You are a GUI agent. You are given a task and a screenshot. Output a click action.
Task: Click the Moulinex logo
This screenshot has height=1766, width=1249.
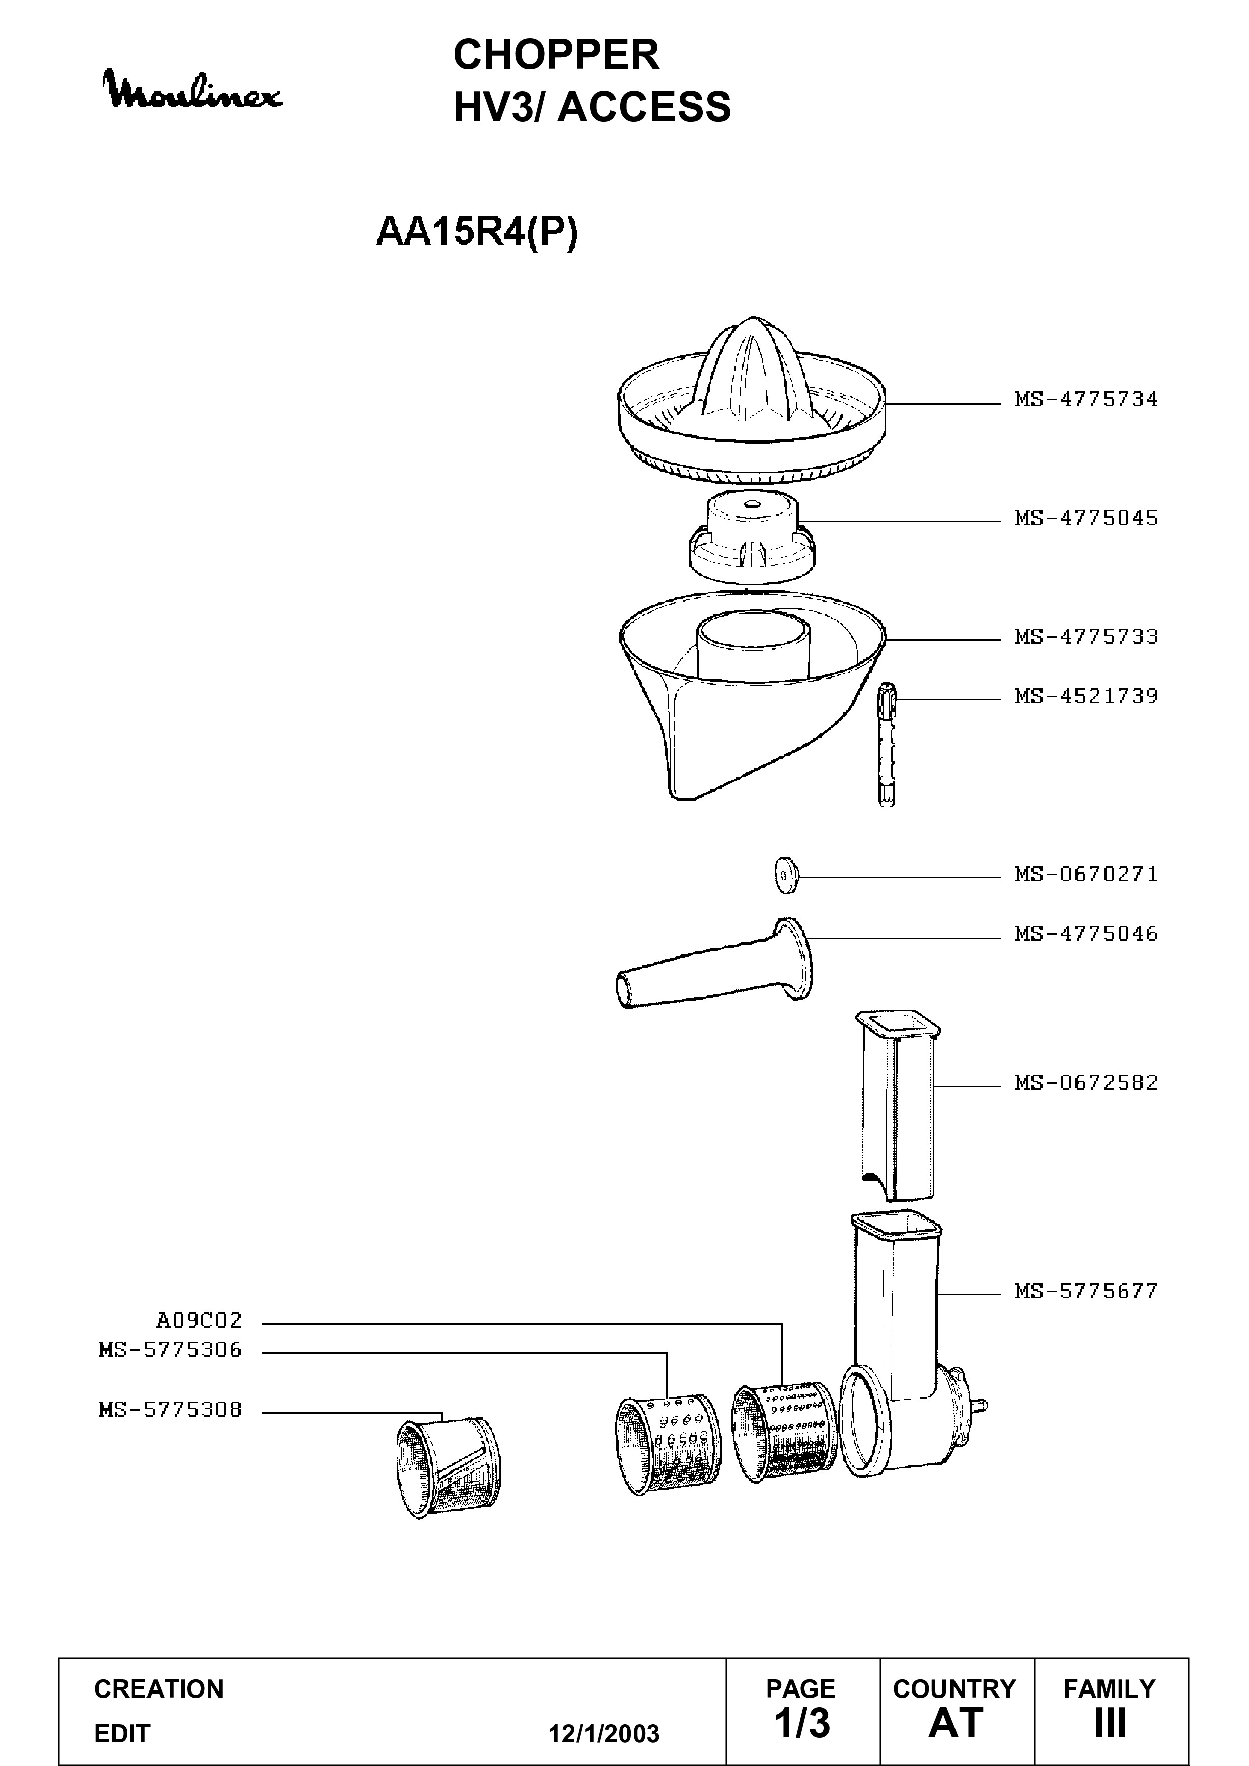194,91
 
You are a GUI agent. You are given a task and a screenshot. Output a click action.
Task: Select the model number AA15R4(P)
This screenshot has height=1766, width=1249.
476,232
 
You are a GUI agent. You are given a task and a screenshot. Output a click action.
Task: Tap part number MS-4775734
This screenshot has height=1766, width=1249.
1086,399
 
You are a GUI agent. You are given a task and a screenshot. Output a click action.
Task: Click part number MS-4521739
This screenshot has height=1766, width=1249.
1086,696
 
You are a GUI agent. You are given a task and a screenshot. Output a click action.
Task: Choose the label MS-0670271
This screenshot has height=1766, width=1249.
1086,874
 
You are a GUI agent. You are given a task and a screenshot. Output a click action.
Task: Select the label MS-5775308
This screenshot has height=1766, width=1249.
170,1410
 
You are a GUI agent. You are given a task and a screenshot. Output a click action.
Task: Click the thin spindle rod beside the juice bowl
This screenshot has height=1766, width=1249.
887,744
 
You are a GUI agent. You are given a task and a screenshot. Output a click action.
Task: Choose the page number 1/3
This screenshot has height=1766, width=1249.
802,1722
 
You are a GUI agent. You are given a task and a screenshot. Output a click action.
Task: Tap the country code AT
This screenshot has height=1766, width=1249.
956,1723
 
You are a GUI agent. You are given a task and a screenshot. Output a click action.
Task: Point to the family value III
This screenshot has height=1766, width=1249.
1110,1723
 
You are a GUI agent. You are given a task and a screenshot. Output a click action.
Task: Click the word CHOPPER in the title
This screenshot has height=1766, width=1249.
556,55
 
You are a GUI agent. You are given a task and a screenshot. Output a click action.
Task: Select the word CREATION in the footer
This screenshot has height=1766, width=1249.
159,1689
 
